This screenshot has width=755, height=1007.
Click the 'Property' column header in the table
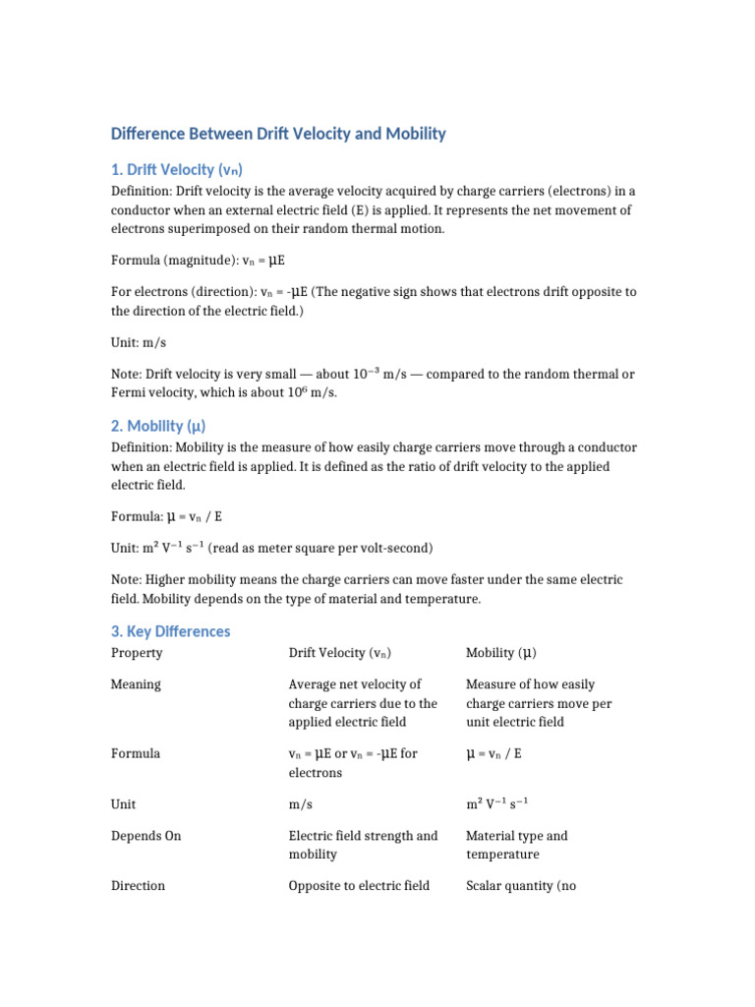[137, 653]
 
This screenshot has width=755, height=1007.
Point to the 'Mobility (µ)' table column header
[500, 653]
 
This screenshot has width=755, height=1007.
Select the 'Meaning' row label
[136, 684]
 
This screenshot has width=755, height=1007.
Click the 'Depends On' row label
[145, 836]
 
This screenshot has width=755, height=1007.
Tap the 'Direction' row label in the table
[138, 886]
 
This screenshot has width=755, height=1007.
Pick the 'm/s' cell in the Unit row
[300, 804]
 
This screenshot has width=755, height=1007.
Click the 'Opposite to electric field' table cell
[359, 886]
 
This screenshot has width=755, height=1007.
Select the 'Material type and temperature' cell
[516, 845]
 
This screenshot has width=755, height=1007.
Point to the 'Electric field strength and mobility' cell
[363, 845]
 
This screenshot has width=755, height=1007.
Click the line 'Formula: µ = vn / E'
[174, 515]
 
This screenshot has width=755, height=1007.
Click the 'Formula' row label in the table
[136, 753]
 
